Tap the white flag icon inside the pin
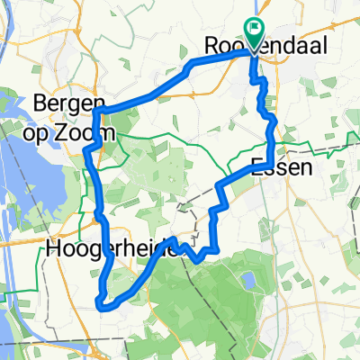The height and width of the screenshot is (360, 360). tap(255, 30)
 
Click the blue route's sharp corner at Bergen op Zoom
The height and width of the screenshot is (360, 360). tap(94, 110)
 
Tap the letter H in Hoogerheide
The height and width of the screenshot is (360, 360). tap(51, 249)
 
